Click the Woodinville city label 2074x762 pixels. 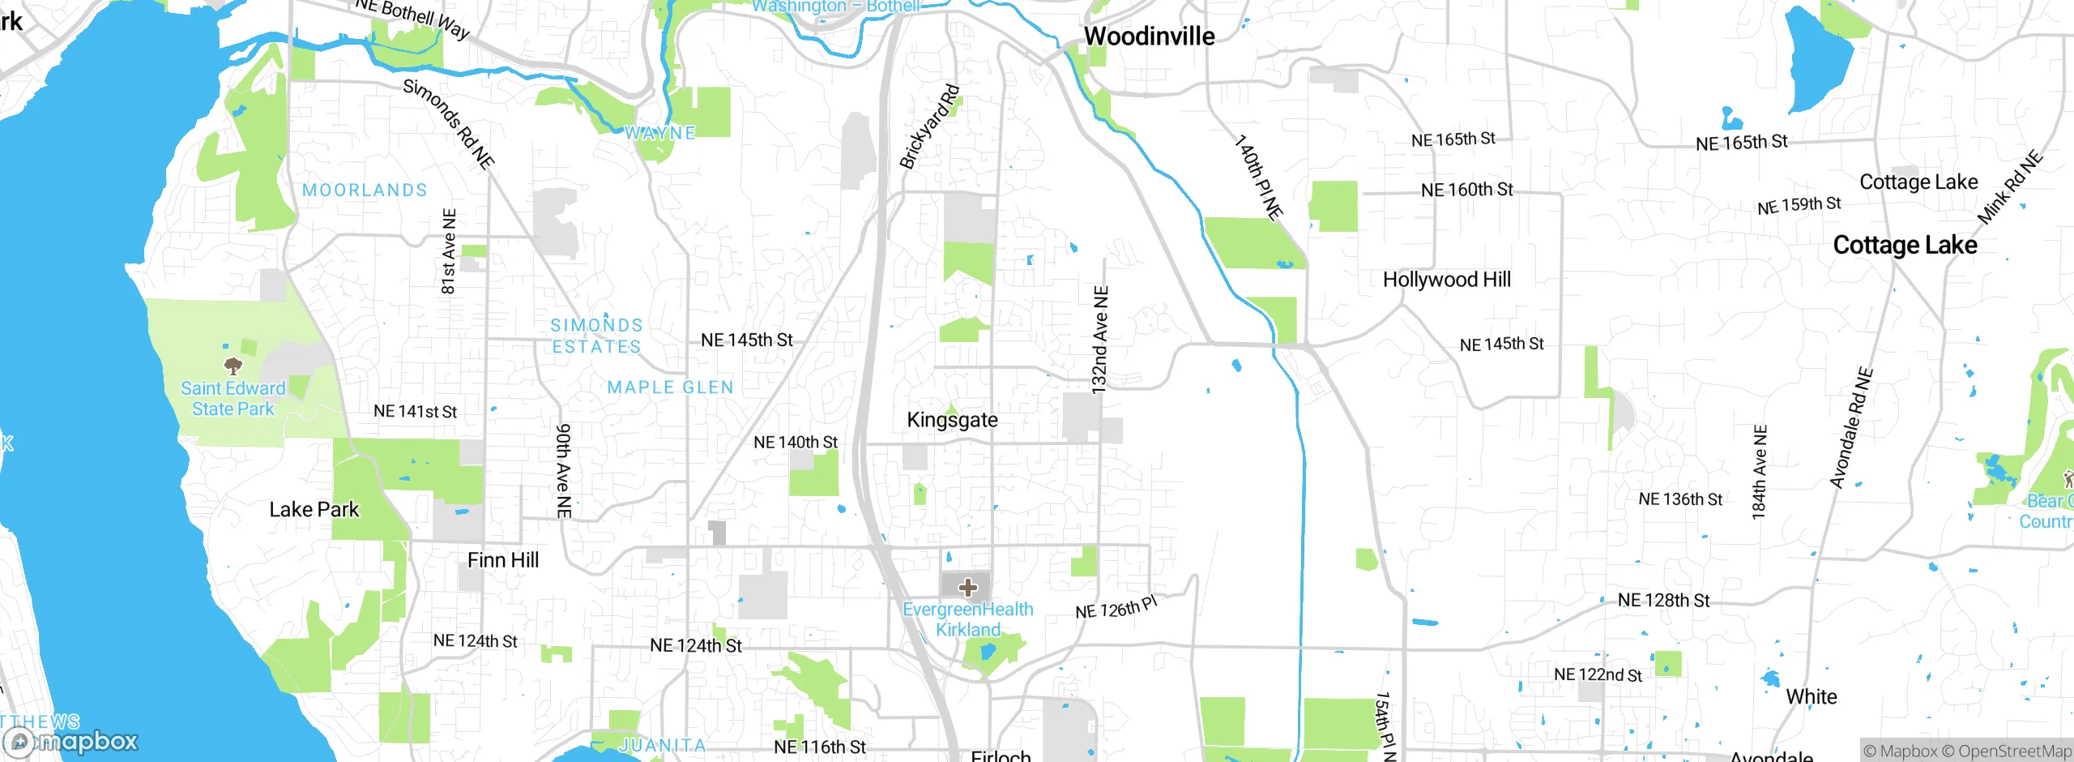pos(1149,36)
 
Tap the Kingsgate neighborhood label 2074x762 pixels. pos(952,420)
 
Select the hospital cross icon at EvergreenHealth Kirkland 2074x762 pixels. pos(967,587)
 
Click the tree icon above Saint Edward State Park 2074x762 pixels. pos(233,366)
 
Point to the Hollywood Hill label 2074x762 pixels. pos(1446,280)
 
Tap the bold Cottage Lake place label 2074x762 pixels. pos(1905,245)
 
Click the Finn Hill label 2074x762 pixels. pos(502,560)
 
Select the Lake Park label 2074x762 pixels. pos(314,510)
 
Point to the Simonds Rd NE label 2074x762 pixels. pos(448,124)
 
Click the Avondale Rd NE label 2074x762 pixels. pos(1851,428)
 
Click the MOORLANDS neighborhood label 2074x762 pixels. pos(365,190)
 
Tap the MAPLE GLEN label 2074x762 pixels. pos(670,387)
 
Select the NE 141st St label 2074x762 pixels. pos(415,412)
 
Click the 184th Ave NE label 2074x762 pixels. pos(1759,472)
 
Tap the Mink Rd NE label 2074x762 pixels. pos(2010,188)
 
